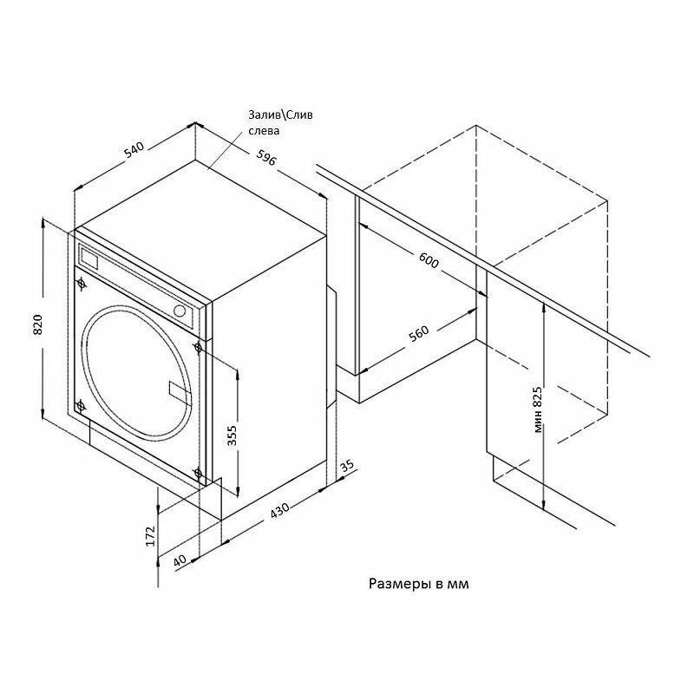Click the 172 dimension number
[149, 536]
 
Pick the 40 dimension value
[179, 560]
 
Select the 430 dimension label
[279, 511]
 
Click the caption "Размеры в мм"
[419, 584]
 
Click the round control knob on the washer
[180, 311]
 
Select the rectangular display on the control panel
[89, 258]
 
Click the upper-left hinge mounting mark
[82, 283]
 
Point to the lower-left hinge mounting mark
[81, 406]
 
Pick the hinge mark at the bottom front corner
[199, 473]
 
